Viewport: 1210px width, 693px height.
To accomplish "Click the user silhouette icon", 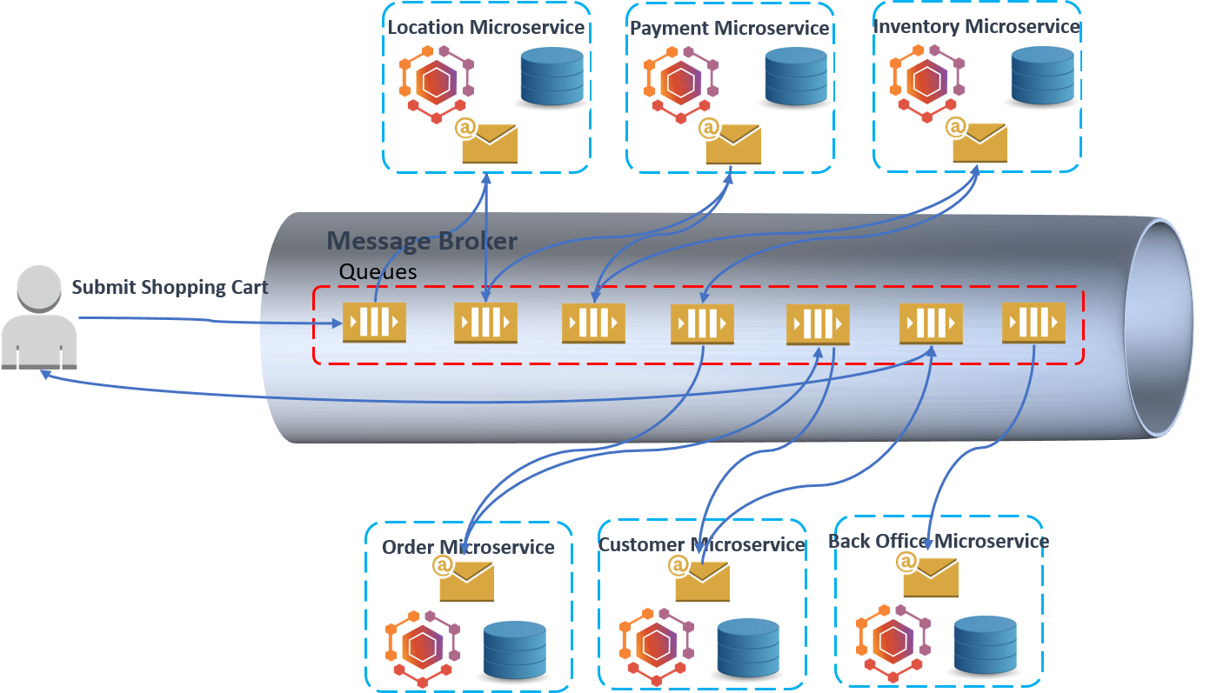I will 38,317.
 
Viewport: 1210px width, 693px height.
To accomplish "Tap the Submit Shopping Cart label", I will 170,287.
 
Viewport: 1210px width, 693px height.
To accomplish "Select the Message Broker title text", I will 422,241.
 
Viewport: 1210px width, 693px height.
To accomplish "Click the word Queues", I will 378,271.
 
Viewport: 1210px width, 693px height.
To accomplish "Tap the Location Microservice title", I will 485,27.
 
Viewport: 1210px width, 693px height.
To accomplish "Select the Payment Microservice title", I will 729,29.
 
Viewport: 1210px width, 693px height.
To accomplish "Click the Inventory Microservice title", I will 976,27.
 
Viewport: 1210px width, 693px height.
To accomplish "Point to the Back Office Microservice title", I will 938,541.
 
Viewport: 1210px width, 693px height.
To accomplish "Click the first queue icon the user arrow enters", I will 374,322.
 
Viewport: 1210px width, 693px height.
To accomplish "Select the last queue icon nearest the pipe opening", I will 1033,322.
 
